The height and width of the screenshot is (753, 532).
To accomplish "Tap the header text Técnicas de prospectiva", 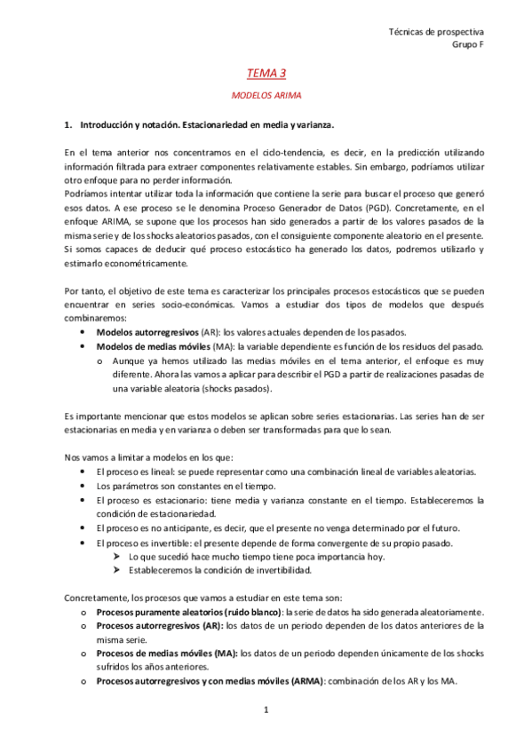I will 436,31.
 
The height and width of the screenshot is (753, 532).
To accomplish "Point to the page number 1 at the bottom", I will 266,709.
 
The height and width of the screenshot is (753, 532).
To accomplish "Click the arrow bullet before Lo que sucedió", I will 117,556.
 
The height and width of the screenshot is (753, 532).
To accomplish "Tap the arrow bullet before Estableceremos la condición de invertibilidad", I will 117,569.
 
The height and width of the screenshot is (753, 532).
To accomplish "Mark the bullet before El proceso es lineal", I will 83,472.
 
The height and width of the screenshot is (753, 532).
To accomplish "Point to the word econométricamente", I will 147,264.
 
